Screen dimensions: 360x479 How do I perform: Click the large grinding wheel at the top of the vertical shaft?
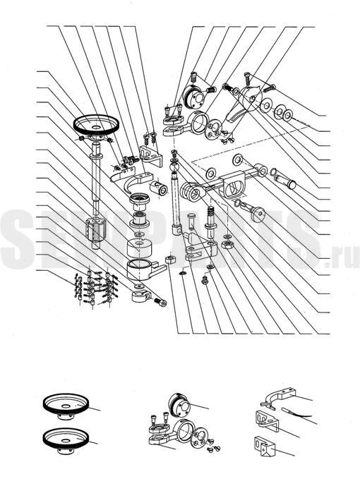point(96,126)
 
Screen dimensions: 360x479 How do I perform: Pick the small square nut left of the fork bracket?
point(171,260)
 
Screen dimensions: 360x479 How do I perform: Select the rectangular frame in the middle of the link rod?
point(234,184)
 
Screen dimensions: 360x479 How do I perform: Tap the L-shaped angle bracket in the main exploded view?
point(151,155)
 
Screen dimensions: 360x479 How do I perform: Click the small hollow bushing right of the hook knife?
point(158,188)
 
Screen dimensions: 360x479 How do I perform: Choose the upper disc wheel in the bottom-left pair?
point(66,407)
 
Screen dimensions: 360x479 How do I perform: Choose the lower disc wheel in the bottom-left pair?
point(66,441)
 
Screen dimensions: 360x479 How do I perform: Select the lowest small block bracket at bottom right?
point(264,445)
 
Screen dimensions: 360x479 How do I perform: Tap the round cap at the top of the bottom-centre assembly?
point(181,405)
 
